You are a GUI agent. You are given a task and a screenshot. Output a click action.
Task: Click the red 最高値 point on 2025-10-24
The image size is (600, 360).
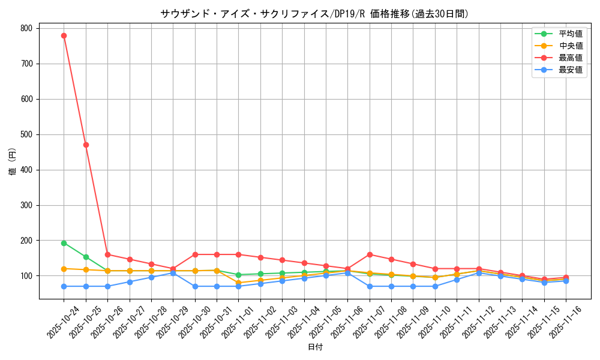[64, 35]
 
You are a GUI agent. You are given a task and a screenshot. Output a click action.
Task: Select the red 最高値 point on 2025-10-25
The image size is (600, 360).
[86, 145]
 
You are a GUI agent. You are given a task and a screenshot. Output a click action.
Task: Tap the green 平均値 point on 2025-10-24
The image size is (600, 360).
[64, 243]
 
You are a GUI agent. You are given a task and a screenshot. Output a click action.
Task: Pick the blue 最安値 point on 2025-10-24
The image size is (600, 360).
[64, 286]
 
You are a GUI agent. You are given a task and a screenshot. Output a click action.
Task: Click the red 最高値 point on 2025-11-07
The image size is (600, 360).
[370, 254]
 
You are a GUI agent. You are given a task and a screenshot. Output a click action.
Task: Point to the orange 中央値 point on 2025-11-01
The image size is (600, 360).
[238, 283]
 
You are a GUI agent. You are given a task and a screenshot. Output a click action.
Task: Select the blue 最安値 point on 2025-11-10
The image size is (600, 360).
[435, 286]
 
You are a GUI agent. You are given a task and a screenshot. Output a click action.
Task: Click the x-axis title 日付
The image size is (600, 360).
[315, 347]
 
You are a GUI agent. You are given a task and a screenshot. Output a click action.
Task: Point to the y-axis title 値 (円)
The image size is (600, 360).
[13, 163]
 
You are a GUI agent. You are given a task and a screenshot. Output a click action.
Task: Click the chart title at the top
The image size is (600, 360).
[315, 14]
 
